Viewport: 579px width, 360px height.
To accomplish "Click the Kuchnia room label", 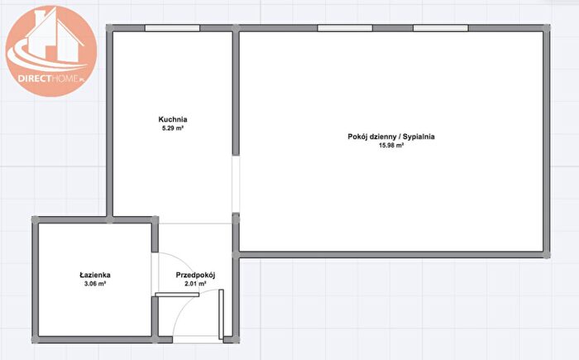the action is point(172,119).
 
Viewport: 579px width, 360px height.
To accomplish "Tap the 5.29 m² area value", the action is point(173,128).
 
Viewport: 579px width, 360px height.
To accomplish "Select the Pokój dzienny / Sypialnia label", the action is point(391,137).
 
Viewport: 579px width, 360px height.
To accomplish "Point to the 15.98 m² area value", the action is point(391,146).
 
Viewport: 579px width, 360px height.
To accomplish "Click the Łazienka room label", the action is point(95,275).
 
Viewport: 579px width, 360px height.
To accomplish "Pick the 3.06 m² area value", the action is point(95,284).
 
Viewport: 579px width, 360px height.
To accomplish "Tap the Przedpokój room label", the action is point(195,275).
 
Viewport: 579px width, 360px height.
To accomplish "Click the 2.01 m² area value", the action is point(195,284).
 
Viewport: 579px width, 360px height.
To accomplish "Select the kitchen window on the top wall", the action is point(172,28).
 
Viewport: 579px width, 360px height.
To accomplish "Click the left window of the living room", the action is point(345,28).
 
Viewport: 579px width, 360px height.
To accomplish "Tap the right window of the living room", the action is point(441,28).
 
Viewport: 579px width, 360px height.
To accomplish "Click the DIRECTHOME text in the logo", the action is point(51,79).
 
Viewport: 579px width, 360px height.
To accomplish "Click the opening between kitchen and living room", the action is point(236,184).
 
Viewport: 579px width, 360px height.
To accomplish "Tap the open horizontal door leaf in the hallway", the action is point(177,295).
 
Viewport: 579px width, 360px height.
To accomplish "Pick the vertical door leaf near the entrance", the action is point(221,314).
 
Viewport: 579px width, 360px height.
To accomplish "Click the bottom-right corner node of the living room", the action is point(547,255).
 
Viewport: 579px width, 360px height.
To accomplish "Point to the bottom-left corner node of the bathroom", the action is point(35,339).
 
